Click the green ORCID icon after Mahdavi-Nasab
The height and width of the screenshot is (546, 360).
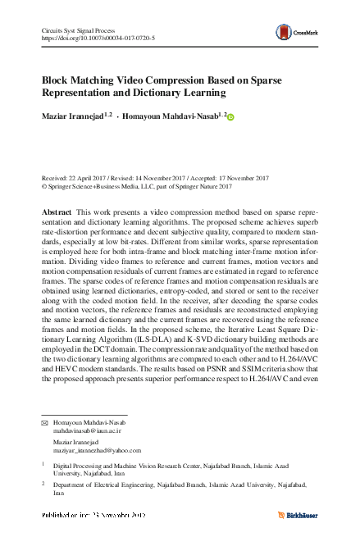pos(230,118)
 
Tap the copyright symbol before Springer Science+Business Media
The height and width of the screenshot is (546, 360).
pos(44,186)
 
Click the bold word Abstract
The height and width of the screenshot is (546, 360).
pos(57,212)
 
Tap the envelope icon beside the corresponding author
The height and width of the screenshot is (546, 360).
pos(45,421)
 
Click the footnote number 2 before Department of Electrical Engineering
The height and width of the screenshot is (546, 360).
pos(44,485)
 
